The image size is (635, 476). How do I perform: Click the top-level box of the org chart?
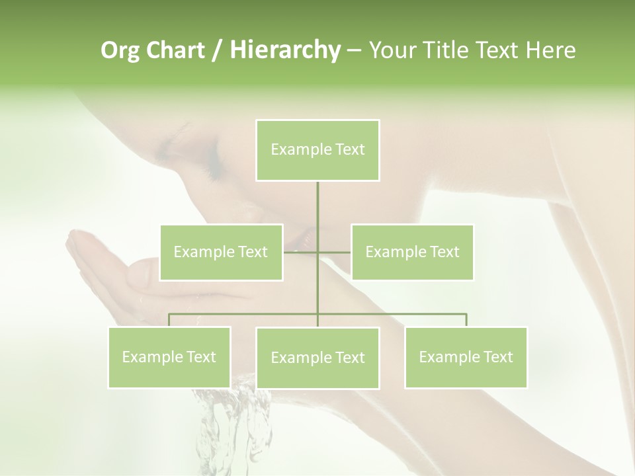[x=317, y=150]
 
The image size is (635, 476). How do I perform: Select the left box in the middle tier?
[x=221, y=252]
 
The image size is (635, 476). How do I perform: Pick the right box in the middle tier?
[x=412, y=252]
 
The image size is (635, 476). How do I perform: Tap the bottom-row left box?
[x=169, y=357]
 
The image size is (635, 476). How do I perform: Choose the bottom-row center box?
[x=317, y=358]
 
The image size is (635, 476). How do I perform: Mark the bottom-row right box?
[x=466, y=357]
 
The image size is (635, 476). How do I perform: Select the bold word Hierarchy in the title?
[x=284, y=50]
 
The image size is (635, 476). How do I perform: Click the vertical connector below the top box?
[x=318, y=205]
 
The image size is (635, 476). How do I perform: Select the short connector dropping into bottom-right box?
[x=466, y=320]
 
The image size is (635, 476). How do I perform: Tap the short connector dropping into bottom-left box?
[x=169, y=320]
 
